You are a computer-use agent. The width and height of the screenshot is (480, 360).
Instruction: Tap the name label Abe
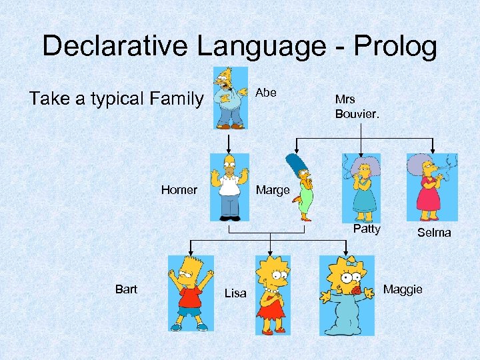tap(266, 93)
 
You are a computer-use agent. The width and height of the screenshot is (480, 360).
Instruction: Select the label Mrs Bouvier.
tap(357, 107)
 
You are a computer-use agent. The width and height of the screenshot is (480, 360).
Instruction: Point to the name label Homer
tap(179, 190)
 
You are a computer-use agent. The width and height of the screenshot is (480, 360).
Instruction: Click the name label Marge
tap(273, 190)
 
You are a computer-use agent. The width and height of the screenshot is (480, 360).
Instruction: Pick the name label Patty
tap(367, 229)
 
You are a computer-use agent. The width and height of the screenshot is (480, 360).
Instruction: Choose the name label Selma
tap(434, 233)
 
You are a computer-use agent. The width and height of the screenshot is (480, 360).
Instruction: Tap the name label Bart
tap(126, 289)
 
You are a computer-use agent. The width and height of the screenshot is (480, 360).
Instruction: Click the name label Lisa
tap(235, 293)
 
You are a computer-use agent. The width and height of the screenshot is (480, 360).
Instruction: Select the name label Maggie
tap(403, 289)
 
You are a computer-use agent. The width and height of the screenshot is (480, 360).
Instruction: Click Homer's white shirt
tap(230, 187)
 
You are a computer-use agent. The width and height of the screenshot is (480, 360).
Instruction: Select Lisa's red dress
tap(271, 307)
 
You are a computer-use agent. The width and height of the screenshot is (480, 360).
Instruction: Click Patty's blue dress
tap(363, 198)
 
